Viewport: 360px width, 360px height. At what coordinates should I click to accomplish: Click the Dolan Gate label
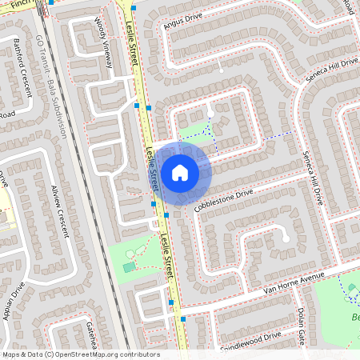[302, 322]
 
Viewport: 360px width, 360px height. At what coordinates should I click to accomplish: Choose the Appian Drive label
[15, 302]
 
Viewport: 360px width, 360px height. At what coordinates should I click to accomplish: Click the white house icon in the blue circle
[179, 172]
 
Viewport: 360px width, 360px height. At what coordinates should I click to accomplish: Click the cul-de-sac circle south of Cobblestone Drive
[285, 237]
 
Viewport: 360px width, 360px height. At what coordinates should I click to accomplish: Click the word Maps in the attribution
[11, 354]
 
